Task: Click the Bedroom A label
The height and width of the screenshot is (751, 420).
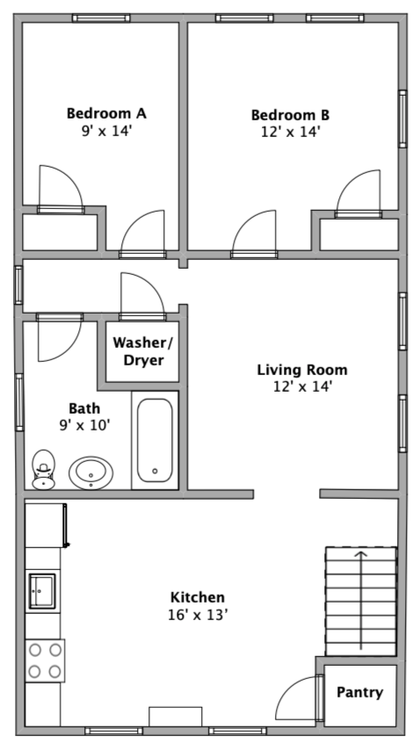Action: pyautogui.click(x=106, y=113)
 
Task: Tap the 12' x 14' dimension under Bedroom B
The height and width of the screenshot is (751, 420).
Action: pyautogui.click(x=290, y=131)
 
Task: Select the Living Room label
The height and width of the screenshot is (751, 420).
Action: pyautogui.click(x=302, y=370)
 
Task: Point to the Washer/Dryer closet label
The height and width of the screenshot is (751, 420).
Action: pyautogui.click(x=143, y=351)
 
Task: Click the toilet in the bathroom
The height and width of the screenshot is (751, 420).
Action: pyautogui.click(x=44, y=469)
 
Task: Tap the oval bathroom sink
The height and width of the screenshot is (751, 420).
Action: pyautogui.click(x=91, y=473)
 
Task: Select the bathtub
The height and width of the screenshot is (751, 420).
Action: pyautogui.click(x=155, y=440)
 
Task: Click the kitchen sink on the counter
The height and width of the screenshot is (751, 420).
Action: pyautogui.click(x=42, y=591)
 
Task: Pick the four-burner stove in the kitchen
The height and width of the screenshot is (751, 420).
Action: pyautogui.click(x=45, y=661)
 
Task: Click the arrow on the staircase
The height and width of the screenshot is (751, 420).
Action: pyautogui.click(x=360, y=600)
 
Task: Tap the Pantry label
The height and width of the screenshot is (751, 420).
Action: pyautogui.click(x=359, y=692)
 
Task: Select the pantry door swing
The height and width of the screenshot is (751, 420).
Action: pyautogui.click(x=296, y=697)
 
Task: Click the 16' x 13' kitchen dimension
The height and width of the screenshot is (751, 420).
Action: pyautogui.click(x=197, y=615)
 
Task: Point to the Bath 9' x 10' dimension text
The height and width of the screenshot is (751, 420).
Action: pyautogui.click(x=84, y=424)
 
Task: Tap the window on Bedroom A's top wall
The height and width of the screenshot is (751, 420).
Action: pyautogui.click(x=101, y=18)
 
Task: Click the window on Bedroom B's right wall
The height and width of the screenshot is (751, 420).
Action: pyautogui.click(x=402, y=119)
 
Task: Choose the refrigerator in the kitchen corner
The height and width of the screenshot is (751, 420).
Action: pyautogui.click(x=46, y=525)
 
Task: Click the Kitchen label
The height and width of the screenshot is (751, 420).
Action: pyautogui.click(x=198, y=597)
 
